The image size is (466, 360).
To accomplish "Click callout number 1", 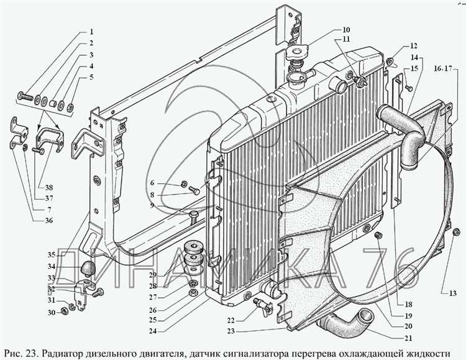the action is (x=91, y=32).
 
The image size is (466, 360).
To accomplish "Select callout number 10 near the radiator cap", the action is (x=346, y=30).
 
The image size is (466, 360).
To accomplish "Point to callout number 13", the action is (x=452, y=293).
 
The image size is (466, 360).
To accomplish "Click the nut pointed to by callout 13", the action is (x=457, y=232).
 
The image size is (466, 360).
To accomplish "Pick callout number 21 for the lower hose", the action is (x=408, y=338).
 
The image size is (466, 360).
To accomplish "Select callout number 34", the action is (x=52, y=266).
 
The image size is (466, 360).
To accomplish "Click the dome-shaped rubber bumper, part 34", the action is (x=88, y=268).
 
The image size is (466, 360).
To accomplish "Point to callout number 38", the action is (x=49, y=188).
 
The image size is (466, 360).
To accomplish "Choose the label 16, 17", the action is (x=443, y=69).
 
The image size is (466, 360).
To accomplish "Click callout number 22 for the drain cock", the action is (x=231, y=320).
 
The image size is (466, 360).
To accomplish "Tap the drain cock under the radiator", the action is (x=263, y=306).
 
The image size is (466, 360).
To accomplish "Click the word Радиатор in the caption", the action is (x=62, y=354).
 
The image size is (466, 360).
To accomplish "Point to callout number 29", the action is (x=153, y=275).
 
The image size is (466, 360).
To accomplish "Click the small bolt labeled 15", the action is (x=409, y=88).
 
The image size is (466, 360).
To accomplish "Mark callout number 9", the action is (x=152, y=205).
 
